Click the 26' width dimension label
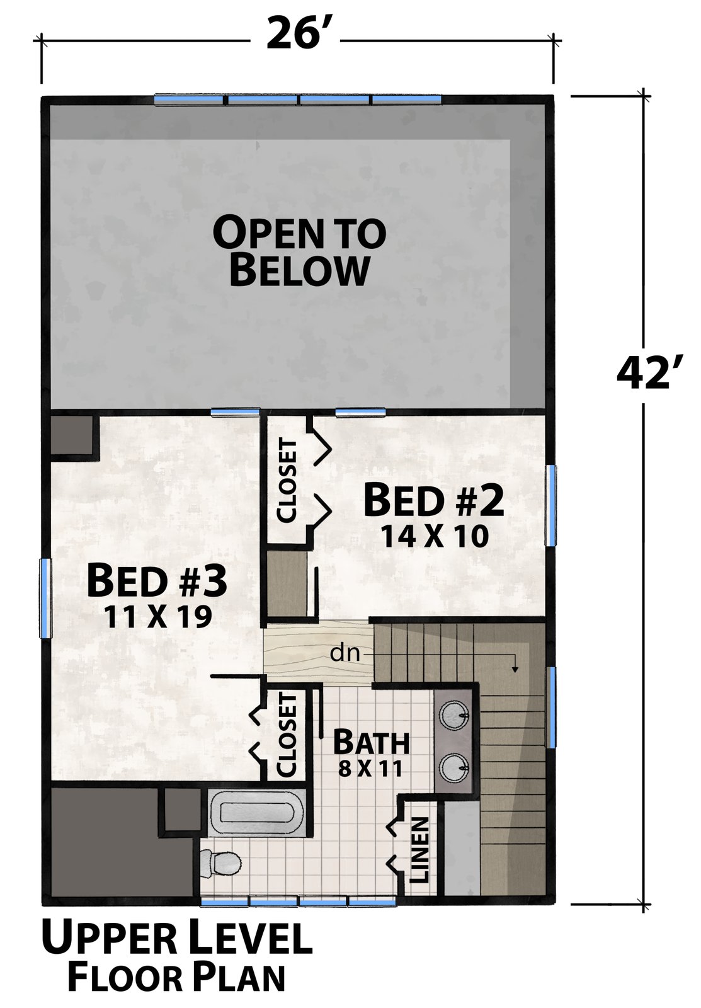tap(295, 34)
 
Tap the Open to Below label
tap(299, 252)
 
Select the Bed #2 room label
tap(434, 500)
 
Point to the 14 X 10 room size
tap(435, 536)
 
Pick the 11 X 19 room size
tap(158, 617)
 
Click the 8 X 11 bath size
tap(370, 769)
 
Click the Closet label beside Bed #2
tap(287, 481)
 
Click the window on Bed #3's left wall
tap(45, 598)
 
